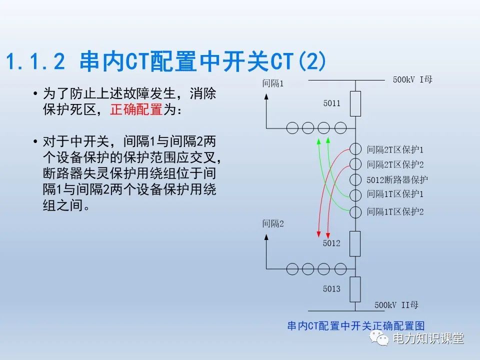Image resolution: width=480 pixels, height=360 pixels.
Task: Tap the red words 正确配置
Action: point(136,109)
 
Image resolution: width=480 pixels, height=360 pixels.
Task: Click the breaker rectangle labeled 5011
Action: point(355,103)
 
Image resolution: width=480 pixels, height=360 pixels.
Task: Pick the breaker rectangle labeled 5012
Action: point(355,243)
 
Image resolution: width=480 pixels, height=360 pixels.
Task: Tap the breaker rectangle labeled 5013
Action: point(355,288)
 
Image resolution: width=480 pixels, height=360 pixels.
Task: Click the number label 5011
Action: point(331,103)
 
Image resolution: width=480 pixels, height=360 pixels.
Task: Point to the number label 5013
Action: point(331,288)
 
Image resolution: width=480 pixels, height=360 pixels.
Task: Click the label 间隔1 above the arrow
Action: point(273,83)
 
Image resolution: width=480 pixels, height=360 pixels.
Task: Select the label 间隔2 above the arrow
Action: point(273,223)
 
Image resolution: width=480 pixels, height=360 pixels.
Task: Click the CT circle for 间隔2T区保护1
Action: point(355,149)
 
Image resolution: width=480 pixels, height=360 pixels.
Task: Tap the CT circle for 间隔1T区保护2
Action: point(355,211)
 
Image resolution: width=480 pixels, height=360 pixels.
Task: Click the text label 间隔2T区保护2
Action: point(395,164)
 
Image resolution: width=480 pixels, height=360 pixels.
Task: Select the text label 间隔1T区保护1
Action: point(395,194)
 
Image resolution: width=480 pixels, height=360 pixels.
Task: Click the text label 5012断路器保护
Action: point(397,179)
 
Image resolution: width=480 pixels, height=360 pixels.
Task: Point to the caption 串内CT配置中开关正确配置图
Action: point(355,325)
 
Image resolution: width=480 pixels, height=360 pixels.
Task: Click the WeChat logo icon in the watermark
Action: point(379,339)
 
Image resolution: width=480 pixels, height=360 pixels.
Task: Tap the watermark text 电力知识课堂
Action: point(428,339)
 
